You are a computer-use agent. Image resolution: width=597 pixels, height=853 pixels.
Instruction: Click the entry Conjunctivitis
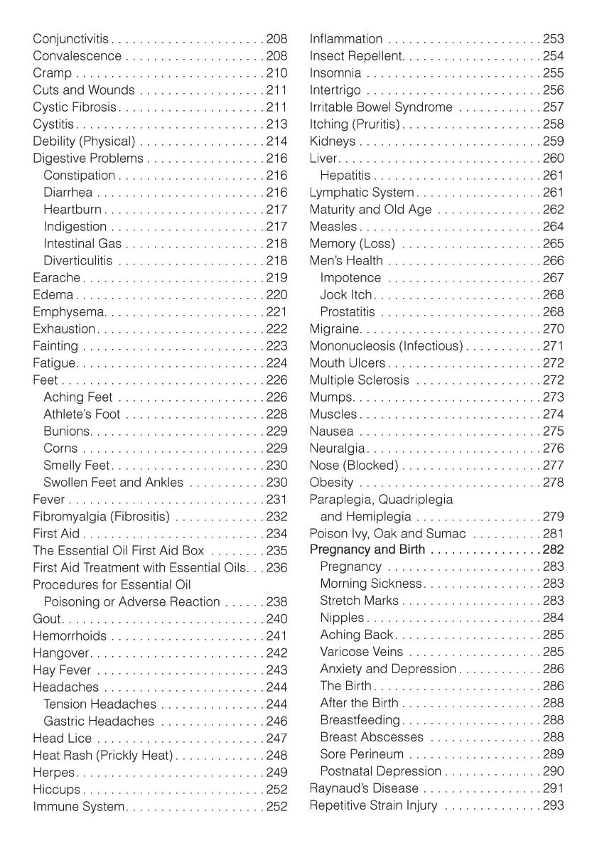(71, 39)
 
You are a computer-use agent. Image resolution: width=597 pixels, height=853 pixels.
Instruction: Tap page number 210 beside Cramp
(276, 73)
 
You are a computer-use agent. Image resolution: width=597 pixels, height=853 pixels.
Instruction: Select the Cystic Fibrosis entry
(74, 107)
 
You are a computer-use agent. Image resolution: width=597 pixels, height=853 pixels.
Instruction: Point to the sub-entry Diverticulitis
(77, 261)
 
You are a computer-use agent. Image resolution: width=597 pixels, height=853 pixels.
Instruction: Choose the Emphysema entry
(69, 312)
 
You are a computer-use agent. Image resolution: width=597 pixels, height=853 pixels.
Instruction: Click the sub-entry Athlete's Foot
(82, 414)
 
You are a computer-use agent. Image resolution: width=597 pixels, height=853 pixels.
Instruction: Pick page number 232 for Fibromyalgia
(276, 517)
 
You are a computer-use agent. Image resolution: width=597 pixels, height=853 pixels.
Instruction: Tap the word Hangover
(61, 653)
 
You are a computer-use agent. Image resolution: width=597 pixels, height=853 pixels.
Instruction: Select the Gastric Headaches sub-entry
(99, 721)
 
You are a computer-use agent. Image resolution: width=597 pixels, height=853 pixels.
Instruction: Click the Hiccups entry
(56, 790)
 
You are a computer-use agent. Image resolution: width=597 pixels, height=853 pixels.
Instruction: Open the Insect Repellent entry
(357, 56)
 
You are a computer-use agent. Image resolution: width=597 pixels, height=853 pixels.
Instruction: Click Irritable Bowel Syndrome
(381, 107)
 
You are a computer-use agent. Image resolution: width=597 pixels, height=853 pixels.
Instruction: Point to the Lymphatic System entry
(361, 193)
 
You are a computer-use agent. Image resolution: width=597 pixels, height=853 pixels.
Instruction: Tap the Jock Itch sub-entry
(346, 295)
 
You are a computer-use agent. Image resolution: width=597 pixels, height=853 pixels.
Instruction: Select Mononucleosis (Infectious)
(386, 346)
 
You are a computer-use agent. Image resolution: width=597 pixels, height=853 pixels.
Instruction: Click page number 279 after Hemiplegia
(553, 517)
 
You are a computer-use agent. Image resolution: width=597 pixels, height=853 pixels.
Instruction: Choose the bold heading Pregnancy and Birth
(367, 549)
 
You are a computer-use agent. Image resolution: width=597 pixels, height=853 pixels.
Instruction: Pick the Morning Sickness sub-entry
(370, 584)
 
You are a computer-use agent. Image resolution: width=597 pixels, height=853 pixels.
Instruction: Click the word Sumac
(448, 534)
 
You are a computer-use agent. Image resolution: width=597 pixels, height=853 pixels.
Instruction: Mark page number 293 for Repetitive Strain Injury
(553, 805)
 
